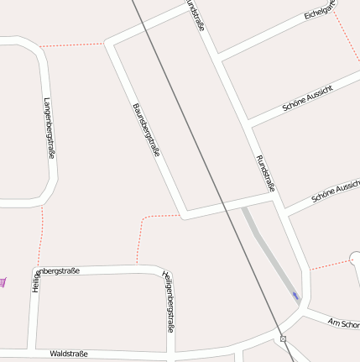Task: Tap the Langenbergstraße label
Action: click(x=50, y=128)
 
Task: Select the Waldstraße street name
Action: click(x=69, y=354)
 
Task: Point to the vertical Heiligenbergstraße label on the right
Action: click(x=169, y=301)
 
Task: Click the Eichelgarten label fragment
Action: click(x=321, y=10)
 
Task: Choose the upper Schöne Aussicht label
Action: click(x=308, y=99)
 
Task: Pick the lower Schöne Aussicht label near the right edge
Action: click(x=336, y=192)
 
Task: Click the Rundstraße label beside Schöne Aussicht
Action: click(x=265, y=173)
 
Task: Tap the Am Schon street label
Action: click(x=344, y=323)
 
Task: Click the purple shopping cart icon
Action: click(x=3, y=282)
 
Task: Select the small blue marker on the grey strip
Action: click(x=295, y=295)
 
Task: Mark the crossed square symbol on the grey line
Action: click(x=284, y=339)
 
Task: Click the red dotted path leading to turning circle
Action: click(x=329, y=265)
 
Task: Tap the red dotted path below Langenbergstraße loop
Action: click(x=40, y=231)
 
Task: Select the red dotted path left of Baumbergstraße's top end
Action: click(x=74, y=45)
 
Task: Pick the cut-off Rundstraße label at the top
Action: click(x=196, y=14)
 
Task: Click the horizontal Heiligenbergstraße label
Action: click(x=56, y=272)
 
